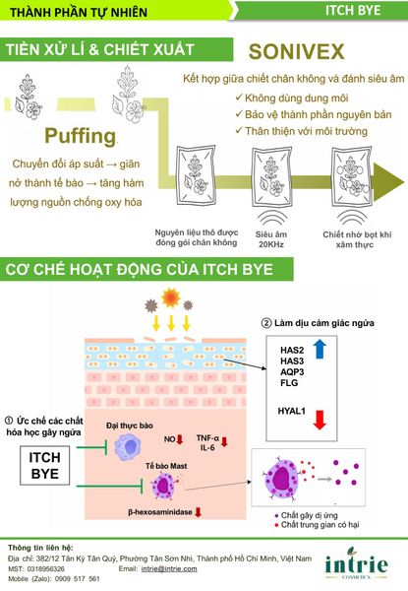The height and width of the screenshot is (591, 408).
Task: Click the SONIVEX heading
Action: (x=296, y=51)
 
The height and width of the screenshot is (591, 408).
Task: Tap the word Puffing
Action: (x=80, y=136)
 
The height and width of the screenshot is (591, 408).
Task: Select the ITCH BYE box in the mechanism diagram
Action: (x=45, y=465)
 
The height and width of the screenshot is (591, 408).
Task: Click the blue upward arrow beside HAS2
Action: (x=320, y=349)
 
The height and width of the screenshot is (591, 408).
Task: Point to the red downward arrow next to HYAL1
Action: (x=320, y=420)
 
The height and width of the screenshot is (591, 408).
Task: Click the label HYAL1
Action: (x=291, y=411)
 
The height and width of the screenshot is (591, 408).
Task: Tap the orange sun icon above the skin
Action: (x=171, y=297)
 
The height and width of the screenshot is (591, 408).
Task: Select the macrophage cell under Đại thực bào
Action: (x=128, y=447)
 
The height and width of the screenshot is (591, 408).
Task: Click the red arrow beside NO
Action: (x=179, y=439)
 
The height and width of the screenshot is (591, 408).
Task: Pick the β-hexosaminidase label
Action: (x=160, y=512)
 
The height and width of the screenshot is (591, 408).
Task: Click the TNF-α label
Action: (x=207, y=438)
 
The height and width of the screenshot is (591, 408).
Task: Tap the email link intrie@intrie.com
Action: (x=169, y=568)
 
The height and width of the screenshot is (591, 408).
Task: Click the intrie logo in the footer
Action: (x=356, y=563)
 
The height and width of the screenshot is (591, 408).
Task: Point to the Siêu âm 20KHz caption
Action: (x=271, y=239)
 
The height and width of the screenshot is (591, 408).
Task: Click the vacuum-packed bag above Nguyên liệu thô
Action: (x=197, y=176)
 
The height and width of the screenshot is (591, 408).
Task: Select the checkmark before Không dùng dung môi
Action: (x=239, y=98)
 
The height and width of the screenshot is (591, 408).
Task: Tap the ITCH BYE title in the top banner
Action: (x=353, y=10)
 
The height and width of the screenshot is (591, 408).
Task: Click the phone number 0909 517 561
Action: (x=77, y=578)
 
